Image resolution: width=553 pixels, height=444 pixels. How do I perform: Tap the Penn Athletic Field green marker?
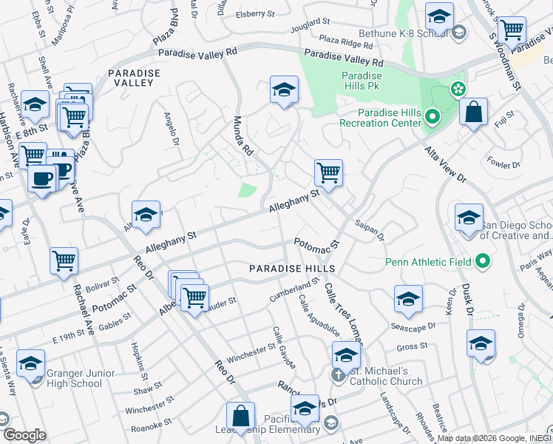pyautogui.click(x=483, y=261)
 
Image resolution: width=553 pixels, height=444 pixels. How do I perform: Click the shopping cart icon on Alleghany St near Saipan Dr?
pyautogui.click(x=328, y=174)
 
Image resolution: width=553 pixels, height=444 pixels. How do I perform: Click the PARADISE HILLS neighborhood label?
pyautogui.click(x=292, y=268)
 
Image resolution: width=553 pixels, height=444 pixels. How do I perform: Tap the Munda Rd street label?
pyautogui.click(x=243, y=135)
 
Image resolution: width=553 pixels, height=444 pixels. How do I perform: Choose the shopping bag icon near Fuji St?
pyautogui.click(x=473, y=113)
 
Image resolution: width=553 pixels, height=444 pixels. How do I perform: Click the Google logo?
pyautogui.click(x=24, y=435)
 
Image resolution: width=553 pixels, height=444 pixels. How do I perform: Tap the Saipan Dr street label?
pyautogui.click(x=370, y=229)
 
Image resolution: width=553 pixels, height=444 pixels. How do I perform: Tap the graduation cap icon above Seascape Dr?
pyautogui.click(x=407, y=300)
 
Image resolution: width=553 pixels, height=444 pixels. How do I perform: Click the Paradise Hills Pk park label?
pyautogui.click(x=362, y=81)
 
